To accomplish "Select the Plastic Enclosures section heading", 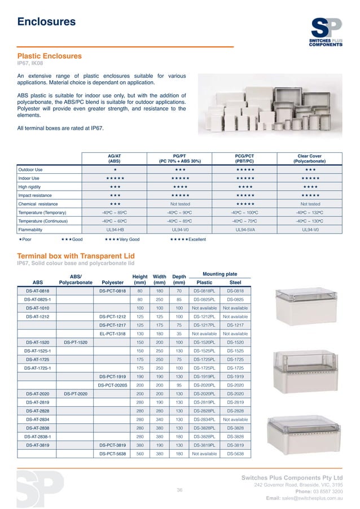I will coord(50,56).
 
